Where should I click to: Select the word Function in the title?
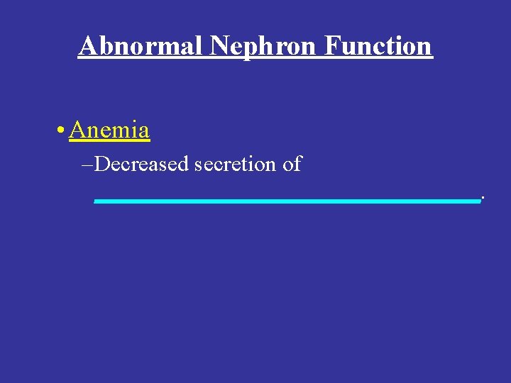378,46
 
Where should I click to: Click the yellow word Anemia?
109,131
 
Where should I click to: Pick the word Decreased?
141,165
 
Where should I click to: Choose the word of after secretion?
292,165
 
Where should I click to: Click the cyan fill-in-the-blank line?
287,201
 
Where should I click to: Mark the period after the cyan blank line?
482,196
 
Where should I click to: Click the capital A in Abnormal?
87,46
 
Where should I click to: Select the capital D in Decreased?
100,165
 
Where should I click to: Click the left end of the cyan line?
97,201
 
